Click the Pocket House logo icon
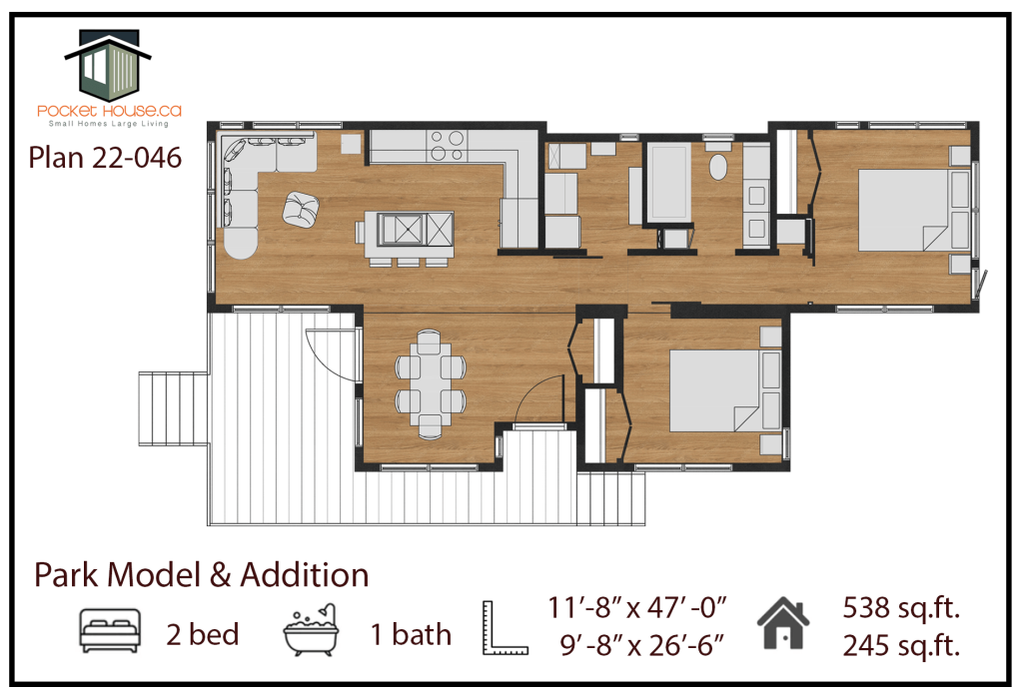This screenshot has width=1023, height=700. (x=108, y=65)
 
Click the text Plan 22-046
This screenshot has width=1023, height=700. (x=105, y=158)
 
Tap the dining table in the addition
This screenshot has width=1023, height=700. (x=431, y=383)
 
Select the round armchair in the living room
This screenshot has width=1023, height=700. (x=301, y=210)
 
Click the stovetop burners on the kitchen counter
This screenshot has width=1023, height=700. (x=447, y=146)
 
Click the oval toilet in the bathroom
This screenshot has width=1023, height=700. (x=718, y=167)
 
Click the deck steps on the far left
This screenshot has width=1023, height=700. (x=174, y=408)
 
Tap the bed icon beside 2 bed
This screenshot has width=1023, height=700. (x=110, y=631)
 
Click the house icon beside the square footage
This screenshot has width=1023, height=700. (x=783, y=623)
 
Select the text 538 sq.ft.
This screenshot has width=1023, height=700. (x=901, y=608)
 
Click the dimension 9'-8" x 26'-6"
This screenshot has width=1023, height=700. (x=641, y=645)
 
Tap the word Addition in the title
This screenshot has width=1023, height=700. (x=304, y=575)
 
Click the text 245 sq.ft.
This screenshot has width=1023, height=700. (x=901, y=646)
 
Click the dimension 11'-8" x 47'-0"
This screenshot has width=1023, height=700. (x=636, y=607)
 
